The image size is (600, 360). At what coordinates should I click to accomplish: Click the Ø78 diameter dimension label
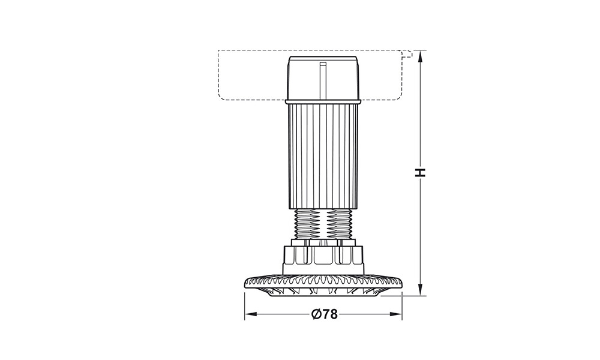(325, 314)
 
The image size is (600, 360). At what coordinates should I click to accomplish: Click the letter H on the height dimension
(421, 173)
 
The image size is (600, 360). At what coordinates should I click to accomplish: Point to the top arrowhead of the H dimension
(421, 56)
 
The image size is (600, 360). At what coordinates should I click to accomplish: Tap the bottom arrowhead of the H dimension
(421, 289)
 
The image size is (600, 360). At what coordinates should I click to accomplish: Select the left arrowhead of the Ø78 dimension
(251, 314)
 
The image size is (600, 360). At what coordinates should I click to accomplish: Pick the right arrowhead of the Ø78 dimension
(395, 314)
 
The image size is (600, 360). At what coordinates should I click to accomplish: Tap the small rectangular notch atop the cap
(323, 64)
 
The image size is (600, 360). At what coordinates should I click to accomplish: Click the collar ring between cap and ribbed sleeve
(323, 102)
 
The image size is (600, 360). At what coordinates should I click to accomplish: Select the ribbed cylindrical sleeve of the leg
(323, 156)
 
